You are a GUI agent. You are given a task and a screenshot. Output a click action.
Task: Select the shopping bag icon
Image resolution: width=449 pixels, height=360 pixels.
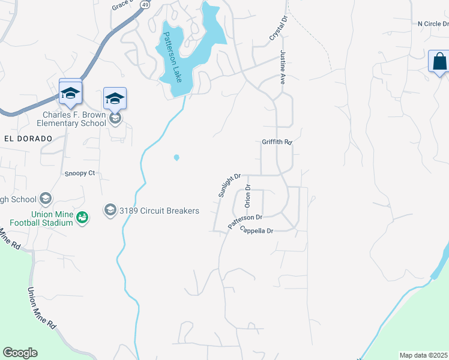point(439,61)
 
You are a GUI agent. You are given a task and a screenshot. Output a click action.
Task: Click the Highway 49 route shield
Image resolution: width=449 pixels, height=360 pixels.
point(145,4)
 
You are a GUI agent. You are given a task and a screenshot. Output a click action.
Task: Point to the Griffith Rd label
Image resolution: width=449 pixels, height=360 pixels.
point(277,142)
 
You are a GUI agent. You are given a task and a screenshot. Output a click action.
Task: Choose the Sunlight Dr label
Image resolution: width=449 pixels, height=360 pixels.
point(229,185)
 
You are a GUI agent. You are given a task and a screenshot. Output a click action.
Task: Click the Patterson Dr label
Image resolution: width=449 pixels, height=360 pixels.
point(245,221)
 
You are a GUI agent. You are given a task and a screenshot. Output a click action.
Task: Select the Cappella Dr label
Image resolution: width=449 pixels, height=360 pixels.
point(256,230)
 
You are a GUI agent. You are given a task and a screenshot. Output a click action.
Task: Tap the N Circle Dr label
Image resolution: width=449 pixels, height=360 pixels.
point(433,24)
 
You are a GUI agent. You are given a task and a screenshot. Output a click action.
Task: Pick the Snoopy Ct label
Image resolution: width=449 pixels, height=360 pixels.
point(80,173)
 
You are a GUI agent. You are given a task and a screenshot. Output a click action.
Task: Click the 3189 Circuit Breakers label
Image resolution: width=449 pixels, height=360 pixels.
point(159,210)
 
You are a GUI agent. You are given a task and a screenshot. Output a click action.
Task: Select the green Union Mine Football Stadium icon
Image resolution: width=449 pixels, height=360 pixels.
point(83,217)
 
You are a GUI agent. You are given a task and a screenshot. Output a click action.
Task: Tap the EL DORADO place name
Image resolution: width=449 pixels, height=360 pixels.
point(28,138)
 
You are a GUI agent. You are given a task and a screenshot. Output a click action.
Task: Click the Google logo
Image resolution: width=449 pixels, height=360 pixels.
point(20,353)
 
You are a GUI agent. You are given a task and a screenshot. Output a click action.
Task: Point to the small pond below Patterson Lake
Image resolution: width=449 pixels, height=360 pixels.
point(176,158)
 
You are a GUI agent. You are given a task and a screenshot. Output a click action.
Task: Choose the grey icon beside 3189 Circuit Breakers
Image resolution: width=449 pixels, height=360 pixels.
point(110,209)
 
